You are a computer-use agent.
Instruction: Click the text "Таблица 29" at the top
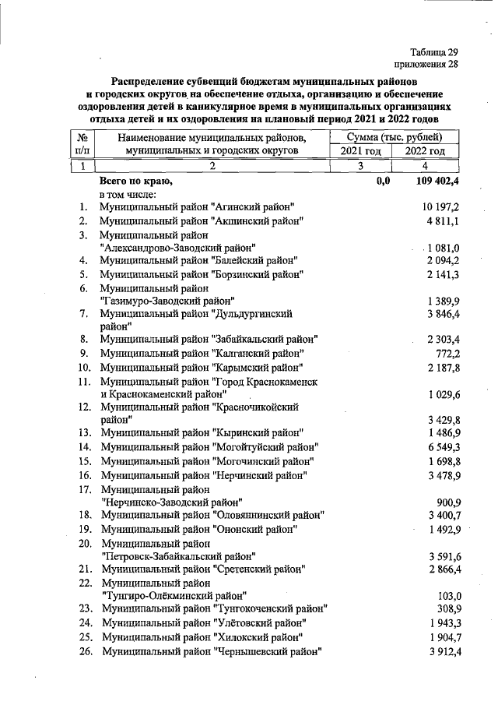pos(432,52)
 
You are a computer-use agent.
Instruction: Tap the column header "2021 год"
pos(358,150)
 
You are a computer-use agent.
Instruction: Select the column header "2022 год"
pos(425,150)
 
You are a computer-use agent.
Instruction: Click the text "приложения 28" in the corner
pos(425,65)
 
